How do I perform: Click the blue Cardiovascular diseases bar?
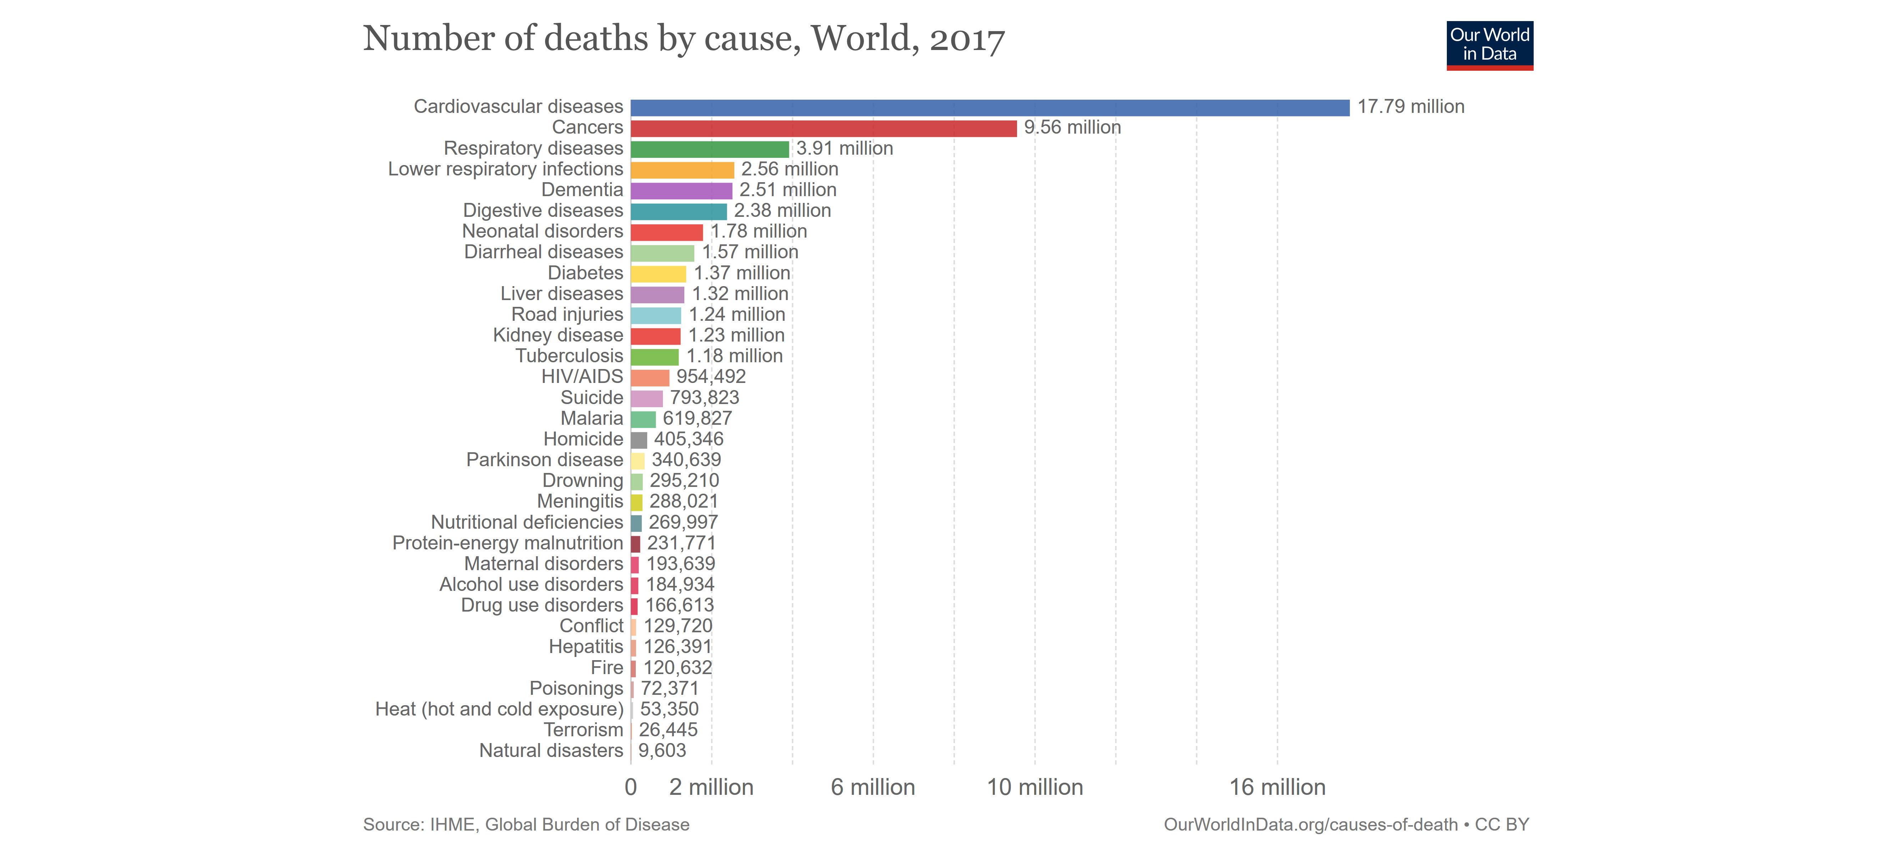point(990,108)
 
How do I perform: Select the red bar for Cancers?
point(823,128)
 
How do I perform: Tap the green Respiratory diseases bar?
point(709,149)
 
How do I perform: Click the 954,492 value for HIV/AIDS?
point(711,377)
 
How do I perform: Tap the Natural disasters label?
point(551,751)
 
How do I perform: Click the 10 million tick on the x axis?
point(1035,787)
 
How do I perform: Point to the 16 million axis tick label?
point(1277,787)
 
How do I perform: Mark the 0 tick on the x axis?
point(630,787)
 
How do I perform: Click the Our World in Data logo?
point(1489,45)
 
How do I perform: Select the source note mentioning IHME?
point(526,824)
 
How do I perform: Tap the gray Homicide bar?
point(639,440)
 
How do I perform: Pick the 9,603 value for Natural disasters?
point(662,751)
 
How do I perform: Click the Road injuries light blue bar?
point(655,315)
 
